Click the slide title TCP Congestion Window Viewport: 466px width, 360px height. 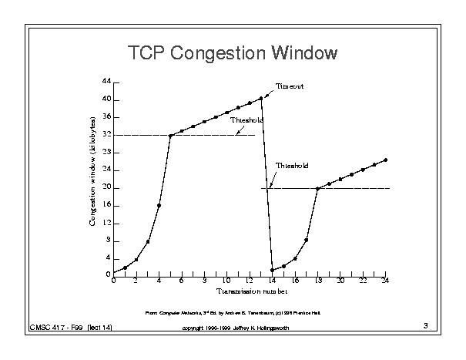(233, 53)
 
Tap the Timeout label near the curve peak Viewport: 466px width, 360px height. (290, 86)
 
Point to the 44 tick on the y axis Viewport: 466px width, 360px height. (106, 82)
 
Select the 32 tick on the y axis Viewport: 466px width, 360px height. (106, 135)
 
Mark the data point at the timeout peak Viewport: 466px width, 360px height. (261, 98)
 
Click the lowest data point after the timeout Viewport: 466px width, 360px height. (273, 270)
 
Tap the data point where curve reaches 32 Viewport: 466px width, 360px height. (170, 136)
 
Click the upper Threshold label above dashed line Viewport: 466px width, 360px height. (246, 121)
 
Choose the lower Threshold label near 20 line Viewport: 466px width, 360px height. (291, 166)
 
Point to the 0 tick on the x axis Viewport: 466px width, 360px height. (113, 281)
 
